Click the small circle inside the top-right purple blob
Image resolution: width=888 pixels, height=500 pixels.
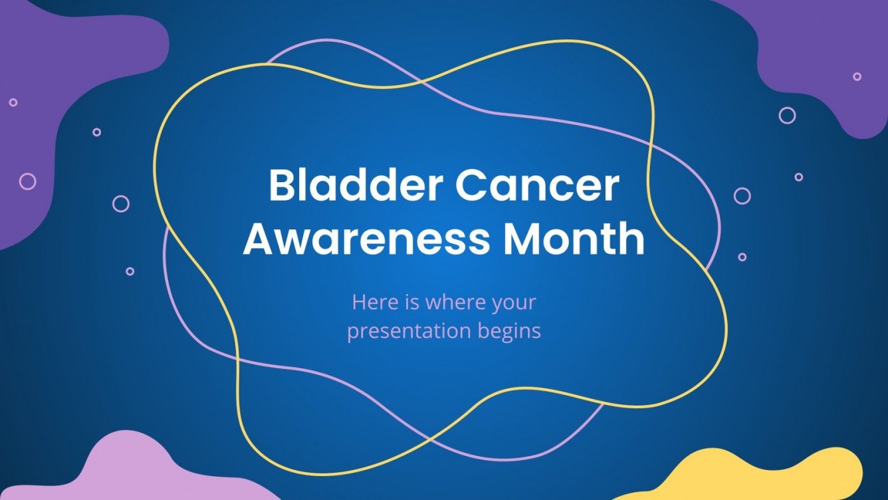pos(857,76)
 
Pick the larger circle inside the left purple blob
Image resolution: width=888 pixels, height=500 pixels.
pos(27,181)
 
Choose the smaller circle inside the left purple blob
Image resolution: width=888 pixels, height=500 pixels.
pos(13,102)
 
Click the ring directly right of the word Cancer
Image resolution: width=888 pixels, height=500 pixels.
pos(742,195)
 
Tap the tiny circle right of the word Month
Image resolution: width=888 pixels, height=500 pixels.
pos(742,257)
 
